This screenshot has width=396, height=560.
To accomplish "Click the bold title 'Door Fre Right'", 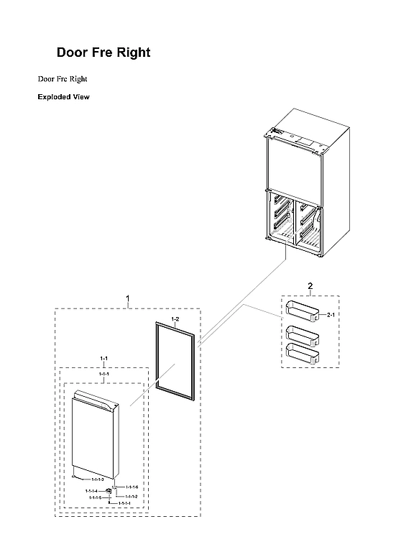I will (103, 53).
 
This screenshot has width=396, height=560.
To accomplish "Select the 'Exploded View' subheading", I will (63, 97).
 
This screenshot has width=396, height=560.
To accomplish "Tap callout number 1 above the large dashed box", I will (128, 298).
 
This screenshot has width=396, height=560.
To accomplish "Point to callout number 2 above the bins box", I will (310, 286).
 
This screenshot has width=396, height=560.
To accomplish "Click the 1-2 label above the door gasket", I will (175, 317).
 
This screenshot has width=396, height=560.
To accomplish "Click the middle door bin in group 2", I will (302, 334).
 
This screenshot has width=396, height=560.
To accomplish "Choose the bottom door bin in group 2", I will (302, 351).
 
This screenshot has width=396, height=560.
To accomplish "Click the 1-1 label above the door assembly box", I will (103, 358).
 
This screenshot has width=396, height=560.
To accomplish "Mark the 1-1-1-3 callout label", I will (98, 479).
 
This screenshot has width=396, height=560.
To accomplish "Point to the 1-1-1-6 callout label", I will (132, 487).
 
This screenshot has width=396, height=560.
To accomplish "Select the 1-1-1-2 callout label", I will (132, 496).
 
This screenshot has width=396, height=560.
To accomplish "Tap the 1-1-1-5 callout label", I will (95, 497).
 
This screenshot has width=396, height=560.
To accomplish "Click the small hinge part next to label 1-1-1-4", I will (109, 491).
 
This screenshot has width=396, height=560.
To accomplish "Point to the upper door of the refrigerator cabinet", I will (295, 165).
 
